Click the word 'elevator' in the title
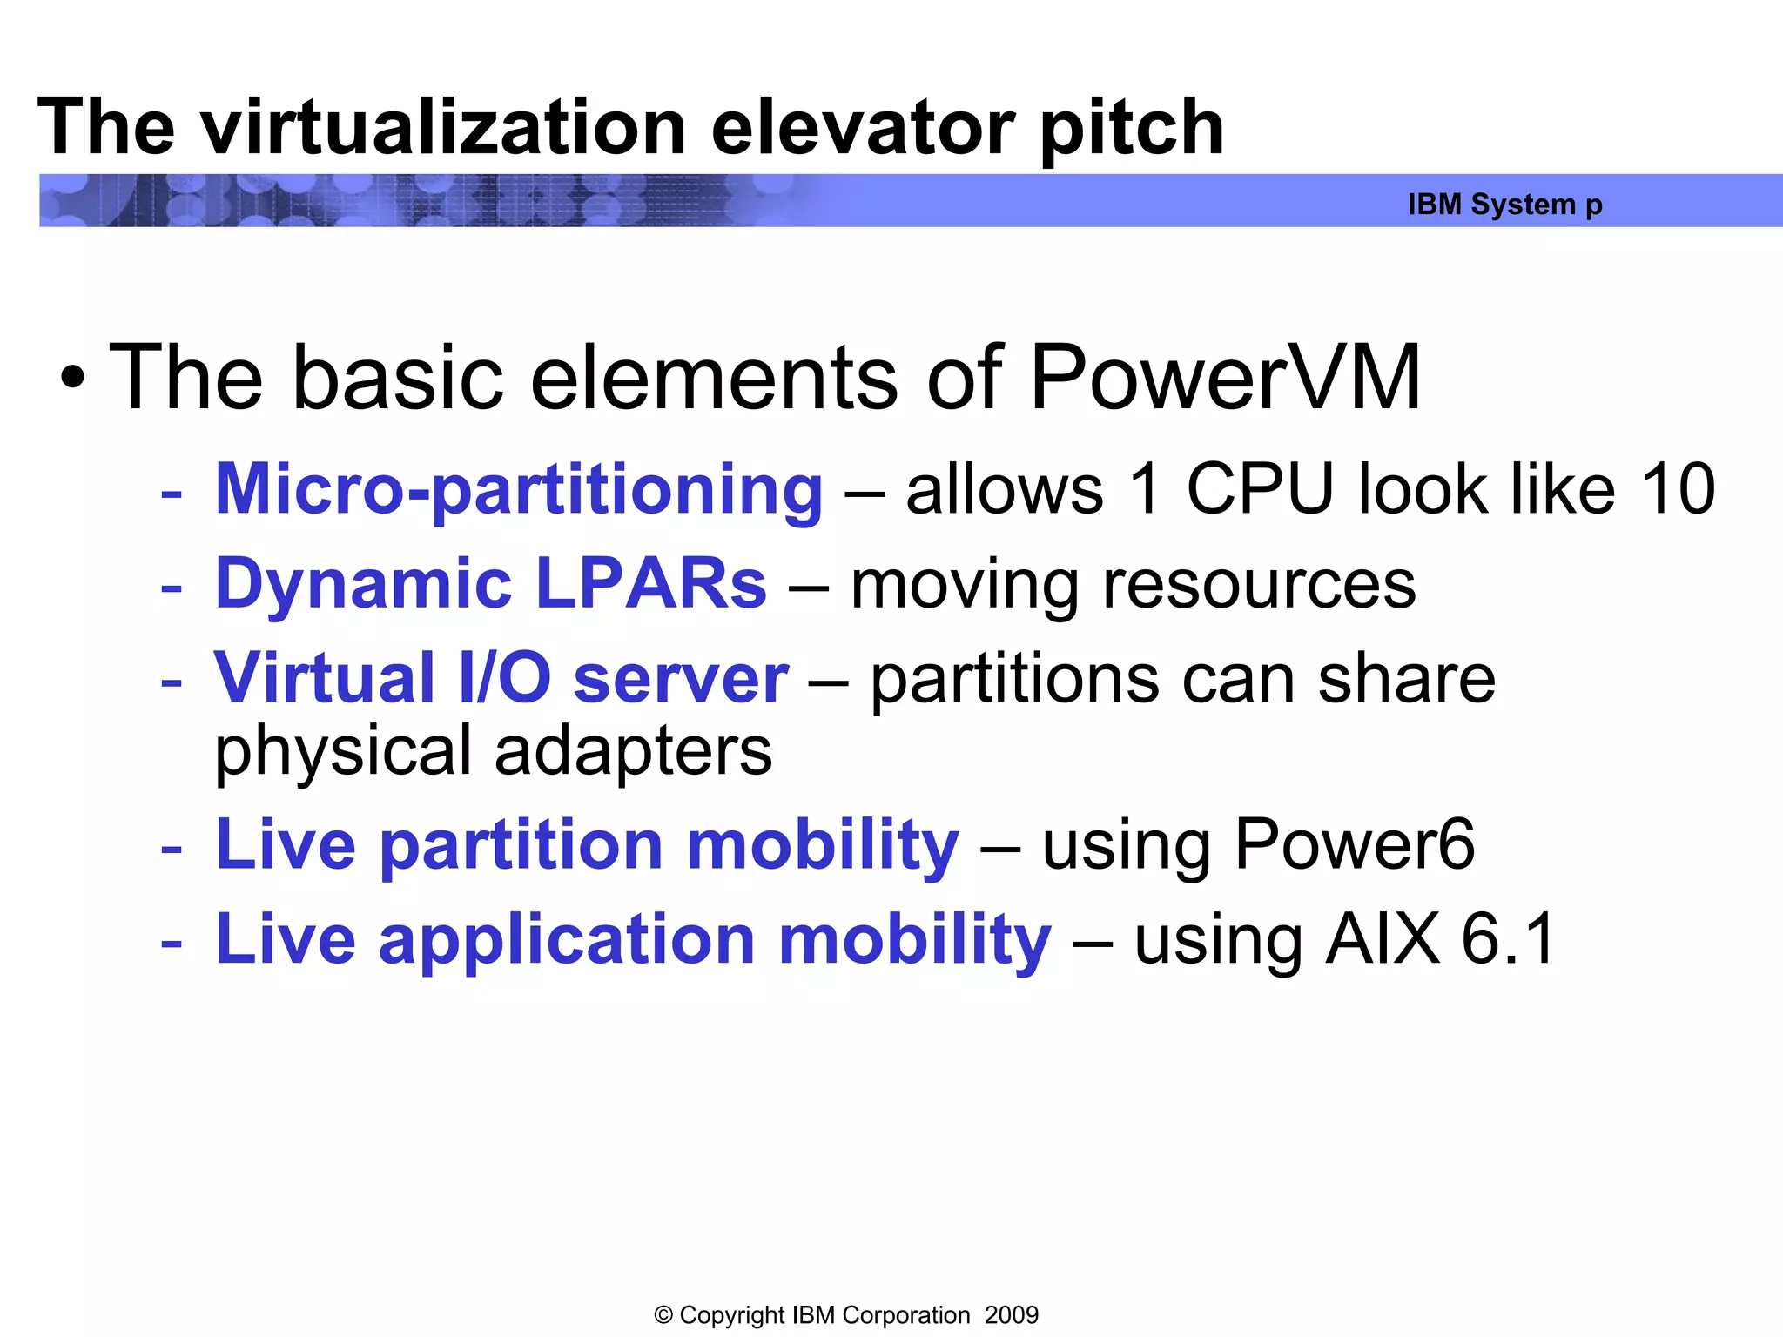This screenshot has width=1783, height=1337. [x=862, y=128]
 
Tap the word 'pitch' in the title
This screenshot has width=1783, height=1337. [x=1131, y=128]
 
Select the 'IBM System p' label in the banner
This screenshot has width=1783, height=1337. [x=1504, y=205]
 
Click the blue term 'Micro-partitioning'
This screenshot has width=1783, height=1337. [x=519, y=490]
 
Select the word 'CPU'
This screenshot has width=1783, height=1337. [x=1260, y=489]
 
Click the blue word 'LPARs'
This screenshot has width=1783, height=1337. [x=651, y=584]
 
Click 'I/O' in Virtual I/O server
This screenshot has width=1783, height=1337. [x=504, y=678]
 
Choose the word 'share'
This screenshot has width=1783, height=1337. [x=1406, y=679]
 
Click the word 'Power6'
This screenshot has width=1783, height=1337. [x=1355, y=845]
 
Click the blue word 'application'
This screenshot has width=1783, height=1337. [x=567, y=941]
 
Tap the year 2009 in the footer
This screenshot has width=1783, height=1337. [x=1012, y=1315]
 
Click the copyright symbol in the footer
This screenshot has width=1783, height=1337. [x=663, y=1315]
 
